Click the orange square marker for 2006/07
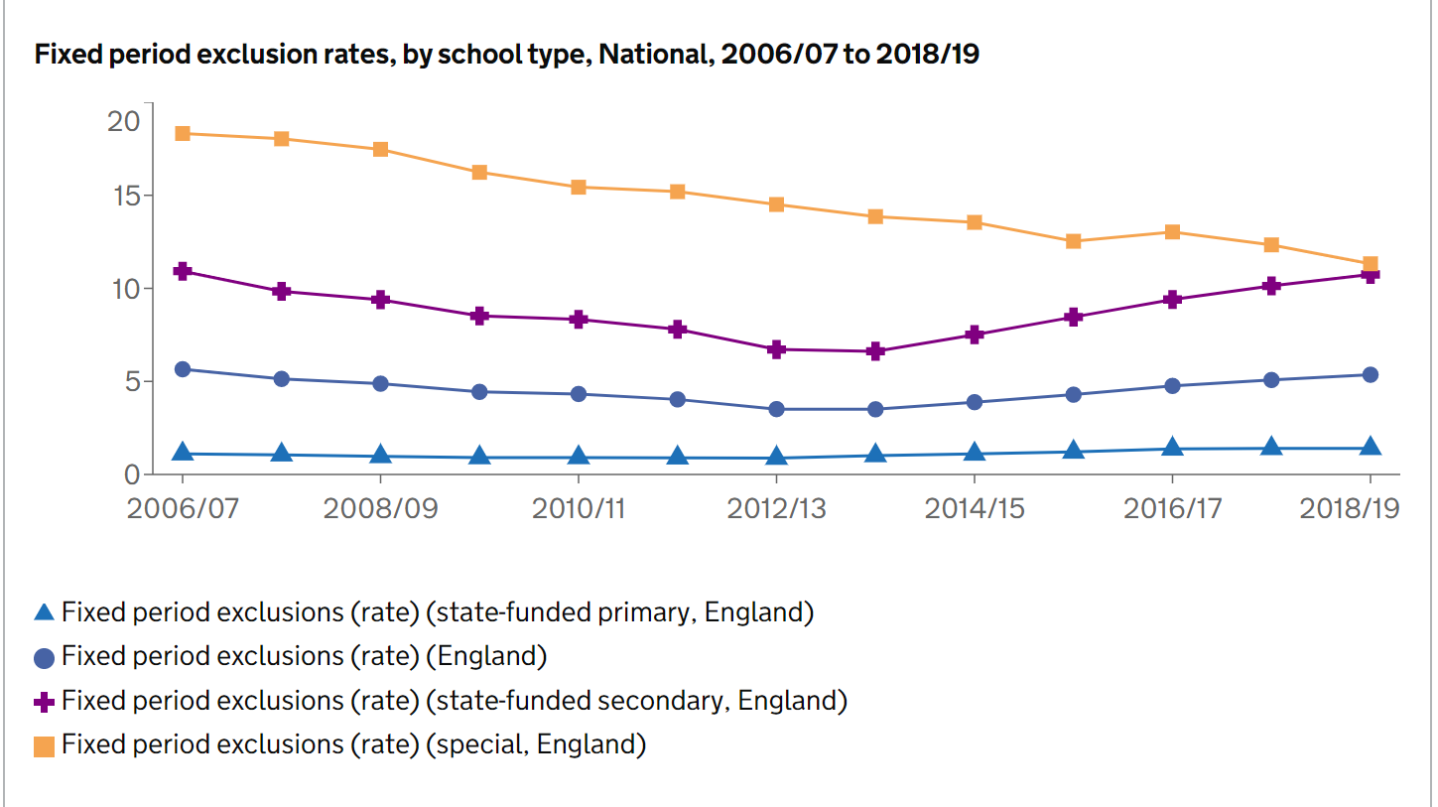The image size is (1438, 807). click(x=183, y=133)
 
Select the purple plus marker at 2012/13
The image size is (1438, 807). click(x=776, y=349)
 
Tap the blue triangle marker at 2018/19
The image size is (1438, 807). click(x=1371, y=447)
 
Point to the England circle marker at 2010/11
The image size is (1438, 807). click(x=579, y=394)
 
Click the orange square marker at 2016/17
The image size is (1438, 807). click(x=1172, y=232)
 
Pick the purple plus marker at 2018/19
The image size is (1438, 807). click(x=1371, y=275)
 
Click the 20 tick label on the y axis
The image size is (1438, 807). click(x=124, y=121)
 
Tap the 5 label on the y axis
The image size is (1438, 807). click(x=131, y=381)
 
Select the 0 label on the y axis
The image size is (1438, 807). click(x=131, y=474)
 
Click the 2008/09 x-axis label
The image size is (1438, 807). click(x=380, y=508)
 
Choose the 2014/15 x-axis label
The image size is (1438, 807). click(x=974, y=508)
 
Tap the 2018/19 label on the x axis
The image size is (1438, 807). click(x=1350, y=508)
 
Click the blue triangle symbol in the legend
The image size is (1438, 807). click(x=44, y=612)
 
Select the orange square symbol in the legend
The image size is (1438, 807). click(x=44, y=745)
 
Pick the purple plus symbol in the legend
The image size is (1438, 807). click(x=44, y=702)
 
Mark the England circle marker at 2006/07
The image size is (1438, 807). click(x=183, y=369)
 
